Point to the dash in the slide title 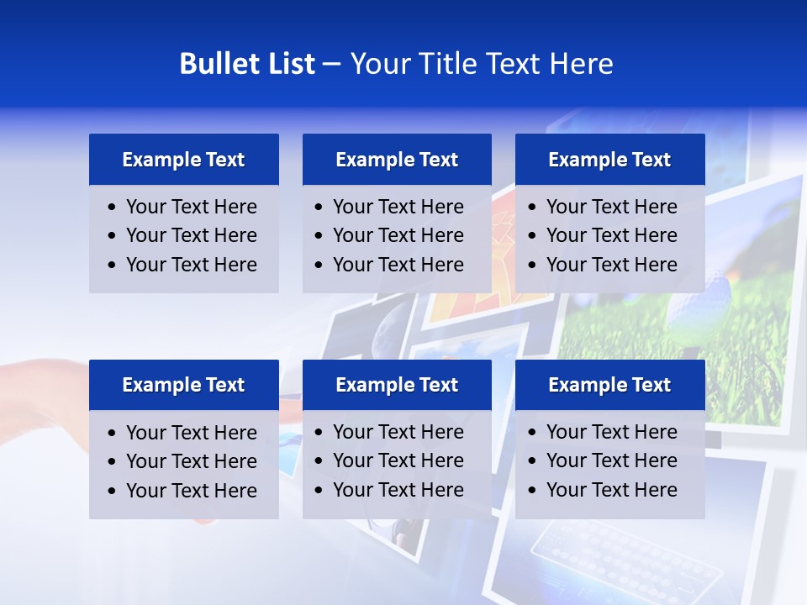click(331, 65)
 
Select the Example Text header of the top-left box click(183, 160)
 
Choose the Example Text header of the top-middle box click(397, 160)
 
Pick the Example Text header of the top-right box click(609, 160)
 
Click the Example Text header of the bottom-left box click(183, 385)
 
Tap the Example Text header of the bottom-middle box click(397, 385)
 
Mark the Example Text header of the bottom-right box click(609, 385)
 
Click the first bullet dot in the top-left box click(113, 207)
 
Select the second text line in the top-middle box click(398, 235)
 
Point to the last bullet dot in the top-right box click(533, 265)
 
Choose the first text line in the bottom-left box click(191, 433)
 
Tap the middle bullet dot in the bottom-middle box click(319, 460)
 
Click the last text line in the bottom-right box click(611, 490)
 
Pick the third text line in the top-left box click(191, 265)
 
